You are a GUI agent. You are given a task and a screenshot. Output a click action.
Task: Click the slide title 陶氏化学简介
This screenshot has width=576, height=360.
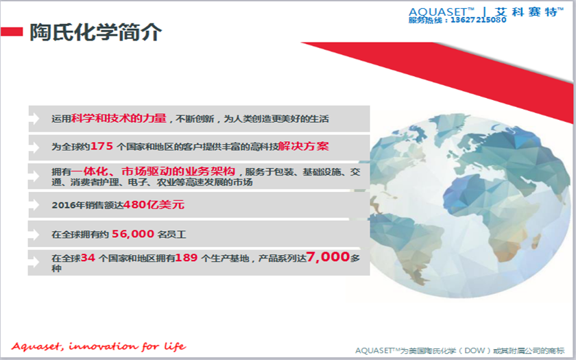click(95, 33)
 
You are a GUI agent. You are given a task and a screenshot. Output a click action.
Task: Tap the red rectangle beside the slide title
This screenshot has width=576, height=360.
click(12, 32)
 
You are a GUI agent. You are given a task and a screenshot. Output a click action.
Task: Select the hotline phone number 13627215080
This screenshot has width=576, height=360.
click(479, 20)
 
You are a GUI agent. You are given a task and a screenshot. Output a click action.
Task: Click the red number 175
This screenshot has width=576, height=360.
click(101, 146)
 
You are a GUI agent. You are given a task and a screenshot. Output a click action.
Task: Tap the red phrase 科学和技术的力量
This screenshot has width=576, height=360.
click(119, 118)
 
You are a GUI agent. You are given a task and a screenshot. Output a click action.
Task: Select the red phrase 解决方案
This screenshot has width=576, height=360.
click(303, 146)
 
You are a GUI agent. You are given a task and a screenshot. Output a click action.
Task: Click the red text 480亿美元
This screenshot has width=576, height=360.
click(154, 204)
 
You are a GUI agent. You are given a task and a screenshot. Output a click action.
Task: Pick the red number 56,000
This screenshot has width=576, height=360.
click(133, 234)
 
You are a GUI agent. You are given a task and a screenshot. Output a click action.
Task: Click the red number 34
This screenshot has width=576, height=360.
click(88, 258)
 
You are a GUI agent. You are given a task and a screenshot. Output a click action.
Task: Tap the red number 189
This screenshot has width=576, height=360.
click(187, 258)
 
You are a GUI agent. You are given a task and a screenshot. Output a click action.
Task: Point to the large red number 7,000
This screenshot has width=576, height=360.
click(328, 256)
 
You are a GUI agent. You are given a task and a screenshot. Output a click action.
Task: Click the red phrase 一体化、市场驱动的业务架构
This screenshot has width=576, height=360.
click(153, 171)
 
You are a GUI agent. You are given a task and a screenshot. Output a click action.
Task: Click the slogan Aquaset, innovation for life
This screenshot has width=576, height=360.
click(99, 346)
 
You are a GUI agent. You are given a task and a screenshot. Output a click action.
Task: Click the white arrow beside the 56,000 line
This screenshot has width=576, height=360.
click(34, 234)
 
